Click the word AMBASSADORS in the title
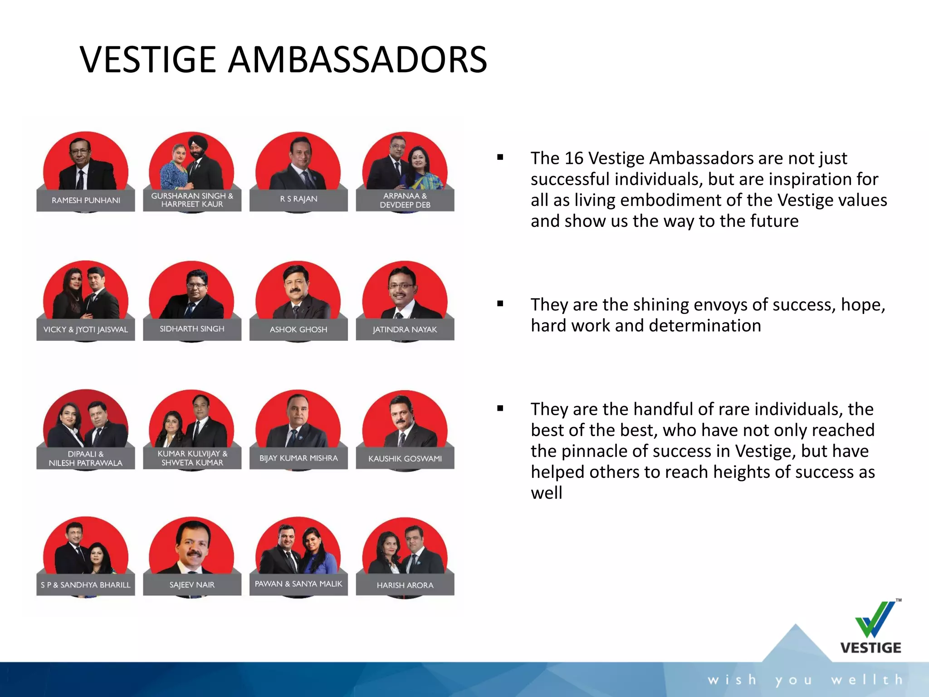click(x=357, y=59)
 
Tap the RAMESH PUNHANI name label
click(x=86, y=200)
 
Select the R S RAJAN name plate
click(x=298, y=199)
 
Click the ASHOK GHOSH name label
click(x=298, y=329)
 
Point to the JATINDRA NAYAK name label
click(x=405, y=329)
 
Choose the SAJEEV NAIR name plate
click(x=192, y=585)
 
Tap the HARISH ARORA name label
click(x=405, y=585)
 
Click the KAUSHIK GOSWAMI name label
click(x=405, y=459)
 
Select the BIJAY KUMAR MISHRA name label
click(x=298, y=458)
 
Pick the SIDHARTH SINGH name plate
click(x=192, y=329)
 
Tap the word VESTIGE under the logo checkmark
click(x=870, y=648)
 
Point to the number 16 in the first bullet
click(x=573, y=158)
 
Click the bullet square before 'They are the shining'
click(x=500, y=304)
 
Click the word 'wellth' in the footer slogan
click(x=866, y=680)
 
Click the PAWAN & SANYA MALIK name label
click(x=298, y=584)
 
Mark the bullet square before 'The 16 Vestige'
click(x=500, y=157)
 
